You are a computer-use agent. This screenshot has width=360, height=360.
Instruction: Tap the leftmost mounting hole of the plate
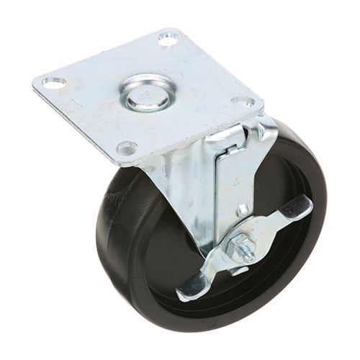[x=54, y=83]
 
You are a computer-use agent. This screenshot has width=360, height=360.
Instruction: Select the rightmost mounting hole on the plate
[x=243, y=102]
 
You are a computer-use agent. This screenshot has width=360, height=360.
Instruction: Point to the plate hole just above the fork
[x=127, y=148]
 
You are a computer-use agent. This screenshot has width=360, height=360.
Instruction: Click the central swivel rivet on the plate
[x=147, y=94]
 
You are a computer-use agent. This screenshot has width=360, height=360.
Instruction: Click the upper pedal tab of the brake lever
[x=297, y=209]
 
